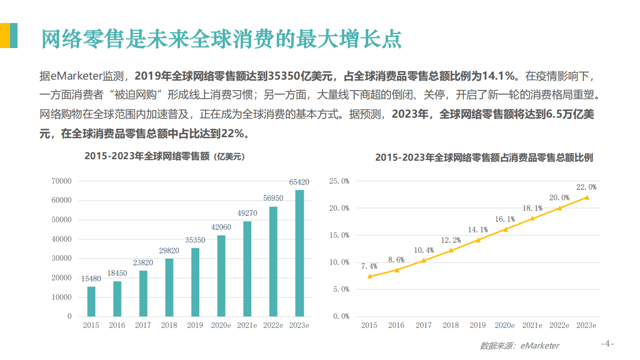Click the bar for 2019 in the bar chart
click(195, 282)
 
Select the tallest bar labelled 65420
click(299, 253)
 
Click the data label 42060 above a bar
click(221, 227)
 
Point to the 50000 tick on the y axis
click(62, 220)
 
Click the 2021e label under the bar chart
click(247, 325)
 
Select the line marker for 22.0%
click(586, 197)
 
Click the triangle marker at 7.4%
click(369, 276)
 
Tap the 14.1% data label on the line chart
click(478, 230)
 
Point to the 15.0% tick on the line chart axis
click(339, 235)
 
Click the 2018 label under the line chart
click(450, 325)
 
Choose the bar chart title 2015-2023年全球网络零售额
click(165, 156)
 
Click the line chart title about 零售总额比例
click(484, 157)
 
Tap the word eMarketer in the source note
click(540, 345)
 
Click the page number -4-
click(607, 344)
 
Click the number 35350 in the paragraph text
click(285, 76)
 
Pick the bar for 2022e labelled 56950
click(273, 261)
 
